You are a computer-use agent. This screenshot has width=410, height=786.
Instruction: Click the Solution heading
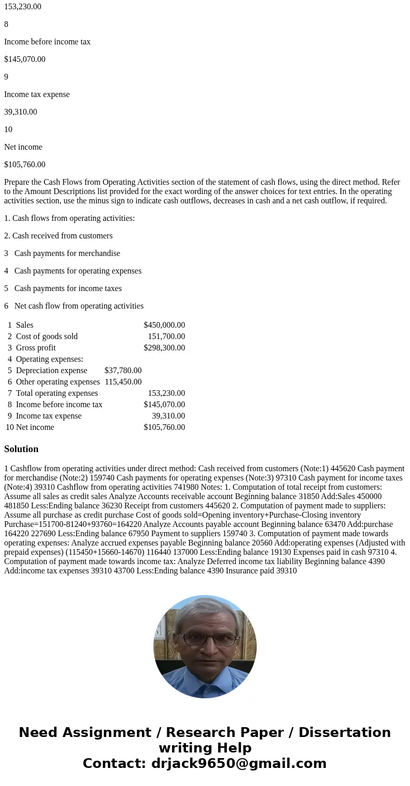pos(21,449)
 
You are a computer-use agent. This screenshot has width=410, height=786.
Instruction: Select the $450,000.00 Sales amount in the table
pos(164,325)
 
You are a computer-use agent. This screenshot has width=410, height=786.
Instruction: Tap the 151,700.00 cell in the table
pos(166,336)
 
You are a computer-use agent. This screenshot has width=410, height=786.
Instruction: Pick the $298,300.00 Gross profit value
pos(164,348)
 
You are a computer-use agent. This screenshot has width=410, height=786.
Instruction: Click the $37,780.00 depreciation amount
pos(123,371)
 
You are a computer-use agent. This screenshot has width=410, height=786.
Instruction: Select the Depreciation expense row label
pos(52,371)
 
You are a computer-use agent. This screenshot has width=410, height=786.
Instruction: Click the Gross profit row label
pos(36,348)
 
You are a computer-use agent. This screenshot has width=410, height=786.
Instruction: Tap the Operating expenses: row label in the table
pos(50,359)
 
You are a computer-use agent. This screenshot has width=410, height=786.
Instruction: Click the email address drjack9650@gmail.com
pos(239,763)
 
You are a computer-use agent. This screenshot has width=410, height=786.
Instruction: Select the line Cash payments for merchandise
pos(67,253)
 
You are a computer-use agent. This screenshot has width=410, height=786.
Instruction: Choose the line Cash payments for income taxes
pos(68,288)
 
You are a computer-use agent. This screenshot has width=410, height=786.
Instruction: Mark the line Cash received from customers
pos(58,236)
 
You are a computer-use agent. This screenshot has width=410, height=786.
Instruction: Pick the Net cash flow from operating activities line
pos(79,306)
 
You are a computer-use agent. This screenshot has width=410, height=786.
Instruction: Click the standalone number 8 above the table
pos(6,24)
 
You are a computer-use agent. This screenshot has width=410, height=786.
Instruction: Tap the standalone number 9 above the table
pos(6,77)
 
